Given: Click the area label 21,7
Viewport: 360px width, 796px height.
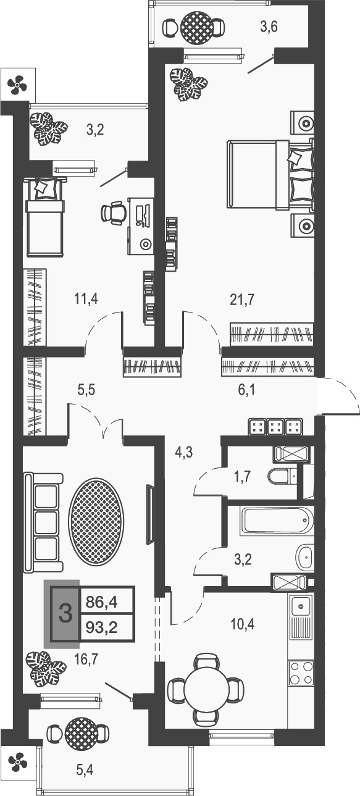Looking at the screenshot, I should [x=241, y=300].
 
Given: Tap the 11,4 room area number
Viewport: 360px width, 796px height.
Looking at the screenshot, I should [x=85, y=300].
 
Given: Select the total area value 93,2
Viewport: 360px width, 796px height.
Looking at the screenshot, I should [x=103, y=629].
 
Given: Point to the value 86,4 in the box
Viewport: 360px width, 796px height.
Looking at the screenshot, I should [x=103, y=599].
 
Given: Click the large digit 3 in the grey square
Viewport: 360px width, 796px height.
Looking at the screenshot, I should [x=65, y=614].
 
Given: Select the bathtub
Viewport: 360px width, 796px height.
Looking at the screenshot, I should [x=275, y=521].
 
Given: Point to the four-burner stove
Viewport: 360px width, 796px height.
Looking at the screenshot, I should [x=301, y=672].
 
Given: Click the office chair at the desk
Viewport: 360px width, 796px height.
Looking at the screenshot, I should [x=114, y=213].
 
